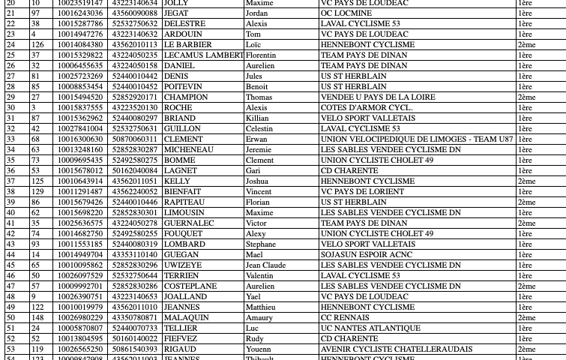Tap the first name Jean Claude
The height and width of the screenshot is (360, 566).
tap(265, 265)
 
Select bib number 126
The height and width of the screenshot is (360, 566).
tap(37, 45)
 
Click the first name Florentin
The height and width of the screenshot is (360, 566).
tap(261, 55)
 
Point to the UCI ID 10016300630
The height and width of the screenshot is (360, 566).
tap(80, 139)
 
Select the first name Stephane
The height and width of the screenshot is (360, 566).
tap(261, 244)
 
